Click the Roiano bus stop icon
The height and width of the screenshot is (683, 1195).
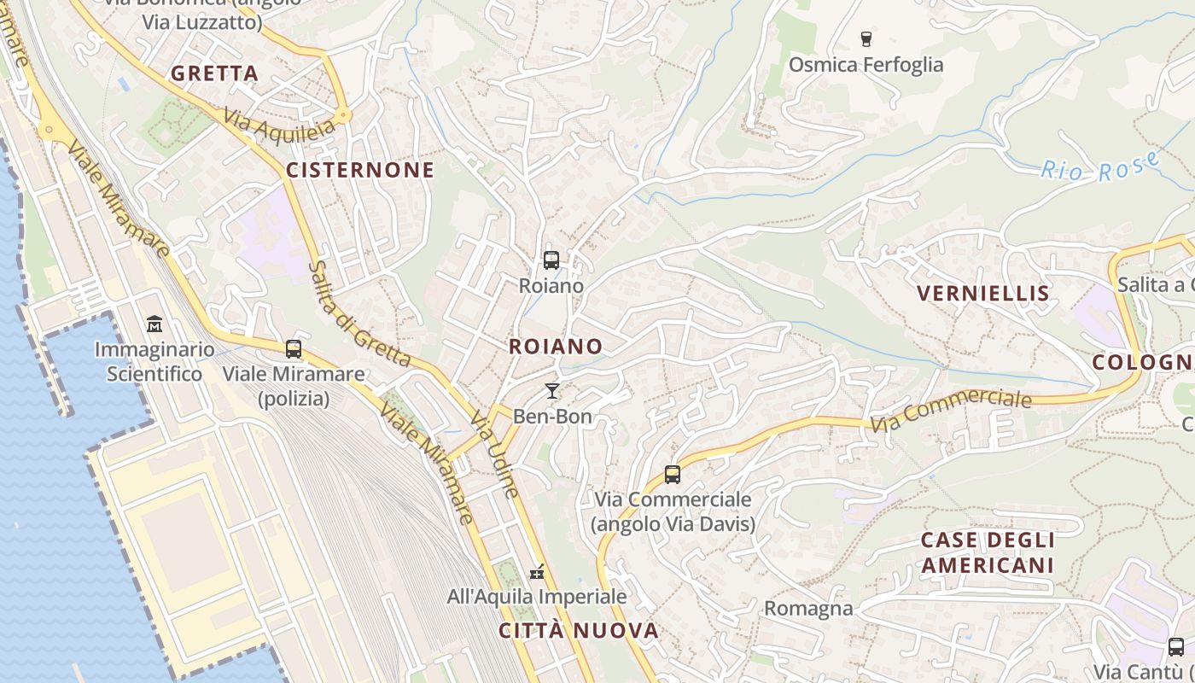(551, 260)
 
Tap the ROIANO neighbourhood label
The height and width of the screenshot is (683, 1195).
(556, 346)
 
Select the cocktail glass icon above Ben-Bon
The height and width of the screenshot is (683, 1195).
(552, 391)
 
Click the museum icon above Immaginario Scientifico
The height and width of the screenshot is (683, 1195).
(154, 324)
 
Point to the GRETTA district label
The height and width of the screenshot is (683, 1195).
(214, 73)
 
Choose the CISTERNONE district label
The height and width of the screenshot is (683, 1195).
(360, 170)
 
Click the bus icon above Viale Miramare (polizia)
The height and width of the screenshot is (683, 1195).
(294, 348)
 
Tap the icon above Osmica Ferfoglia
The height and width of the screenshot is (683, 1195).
(866, 38)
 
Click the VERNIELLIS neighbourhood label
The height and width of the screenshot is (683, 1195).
(982, 294)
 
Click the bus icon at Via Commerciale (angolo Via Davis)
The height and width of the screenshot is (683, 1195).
(673, 474)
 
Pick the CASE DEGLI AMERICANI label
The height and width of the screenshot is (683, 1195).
(988, 552)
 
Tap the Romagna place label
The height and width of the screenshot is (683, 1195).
(808, 608)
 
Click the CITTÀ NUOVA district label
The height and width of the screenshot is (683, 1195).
(579, 631)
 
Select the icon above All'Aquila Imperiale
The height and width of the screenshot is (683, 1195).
(537, 571)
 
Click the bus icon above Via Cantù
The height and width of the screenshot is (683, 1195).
(1176, 646)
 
